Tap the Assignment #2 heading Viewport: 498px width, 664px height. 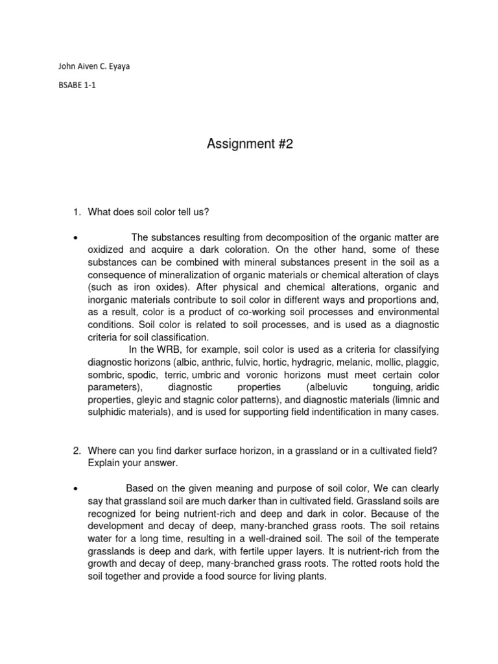(x=250, y=144)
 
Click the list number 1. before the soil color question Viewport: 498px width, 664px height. (x=76, y=212)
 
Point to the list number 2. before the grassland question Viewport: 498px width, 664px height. (x=76, y=451)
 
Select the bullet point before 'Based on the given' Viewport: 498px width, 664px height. (x=76, y=488)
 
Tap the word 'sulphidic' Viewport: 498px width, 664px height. (x=108, y=412)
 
